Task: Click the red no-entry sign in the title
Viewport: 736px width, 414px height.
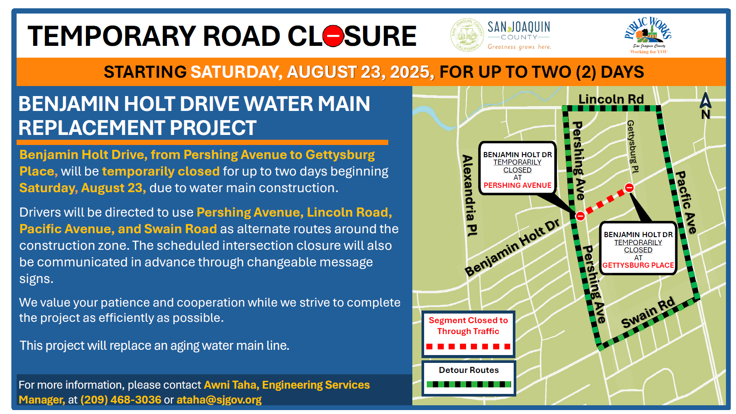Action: tap(333, 36)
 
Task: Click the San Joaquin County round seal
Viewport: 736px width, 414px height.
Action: tap(466, 35)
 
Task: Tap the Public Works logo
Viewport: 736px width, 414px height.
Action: tap(648, 35)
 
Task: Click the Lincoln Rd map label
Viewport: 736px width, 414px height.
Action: tap(611, 99)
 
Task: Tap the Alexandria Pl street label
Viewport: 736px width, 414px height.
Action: tap(469, 195)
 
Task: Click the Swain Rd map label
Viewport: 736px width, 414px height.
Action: tap(648, 312)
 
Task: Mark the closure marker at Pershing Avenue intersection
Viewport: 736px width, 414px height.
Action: tap(580, 216)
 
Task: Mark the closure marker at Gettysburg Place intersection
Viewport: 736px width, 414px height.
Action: tap(629, 188)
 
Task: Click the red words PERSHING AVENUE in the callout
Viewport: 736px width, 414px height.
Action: tap(517, 186)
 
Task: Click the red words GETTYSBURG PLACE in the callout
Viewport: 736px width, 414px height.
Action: tap(638, 265)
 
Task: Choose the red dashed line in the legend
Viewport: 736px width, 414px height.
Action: tap(468, 346)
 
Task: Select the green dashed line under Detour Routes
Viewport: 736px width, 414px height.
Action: tap(469, 384)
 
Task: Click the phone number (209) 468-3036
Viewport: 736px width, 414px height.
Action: tap(121, 400)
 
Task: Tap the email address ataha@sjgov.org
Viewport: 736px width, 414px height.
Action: tap(219, 400)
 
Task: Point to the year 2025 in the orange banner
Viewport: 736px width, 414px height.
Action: tap(410, 72)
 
